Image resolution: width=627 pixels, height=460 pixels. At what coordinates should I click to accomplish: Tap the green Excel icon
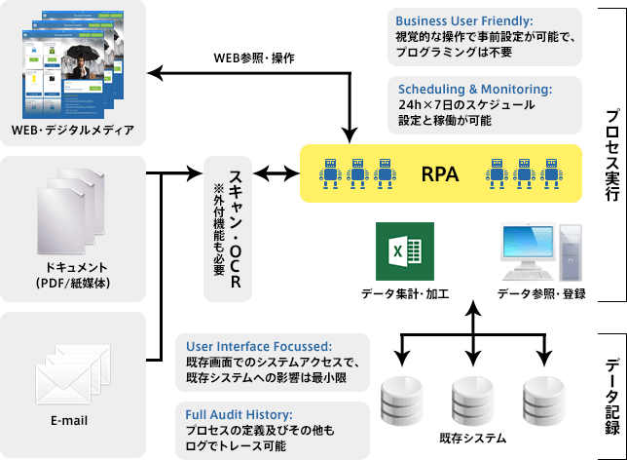[397, 252]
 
